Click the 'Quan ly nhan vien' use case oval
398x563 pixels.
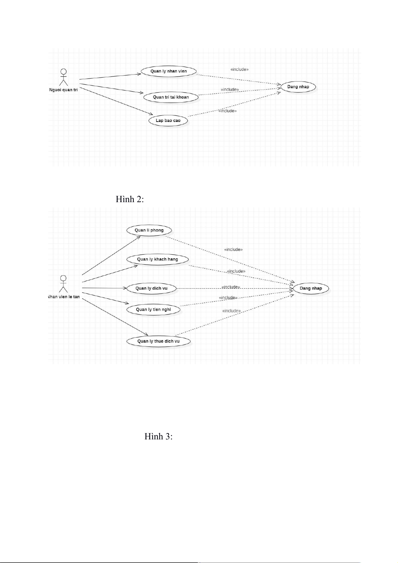point(168,71)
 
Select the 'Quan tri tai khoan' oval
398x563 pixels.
point(171,97)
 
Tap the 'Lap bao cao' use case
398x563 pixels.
point(168,121)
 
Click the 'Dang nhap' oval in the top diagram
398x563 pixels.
point(298,87)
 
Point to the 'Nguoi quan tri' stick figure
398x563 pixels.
point(63,77)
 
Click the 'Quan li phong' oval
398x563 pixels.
point(149,230)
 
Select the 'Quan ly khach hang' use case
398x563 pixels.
point(157,259)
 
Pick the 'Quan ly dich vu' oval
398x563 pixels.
point(151,288)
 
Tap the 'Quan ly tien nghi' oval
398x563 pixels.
point(153,309)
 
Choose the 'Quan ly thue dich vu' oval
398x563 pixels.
point(158,341)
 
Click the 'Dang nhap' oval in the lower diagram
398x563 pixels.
point(311,288)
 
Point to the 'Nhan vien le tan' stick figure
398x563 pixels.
point(63,284)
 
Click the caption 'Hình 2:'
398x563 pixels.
point(130,199)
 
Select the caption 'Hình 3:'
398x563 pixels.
point(158,436)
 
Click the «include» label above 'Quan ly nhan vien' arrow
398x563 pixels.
point(239,69)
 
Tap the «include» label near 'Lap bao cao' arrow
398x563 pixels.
point(227,111)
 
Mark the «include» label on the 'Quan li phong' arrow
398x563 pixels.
point(233,250)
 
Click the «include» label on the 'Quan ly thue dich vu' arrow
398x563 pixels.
point(232,311)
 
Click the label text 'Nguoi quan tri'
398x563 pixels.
point(63,90)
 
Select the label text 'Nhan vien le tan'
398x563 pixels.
point(64,297)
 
